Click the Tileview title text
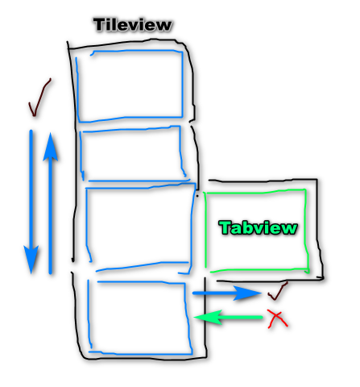click(x=133, y=25)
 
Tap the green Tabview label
click(x=258, y=227)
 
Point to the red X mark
click(x=278, y=318)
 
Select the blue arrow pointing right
click(x=227, y=293)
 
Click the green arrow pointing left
click(x=228, y=318)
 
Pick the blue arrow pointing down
click(x=31, y=202)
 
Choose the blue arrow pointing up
click(x=51, y=203)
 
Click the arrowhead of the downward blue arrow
click(x=31, y=260)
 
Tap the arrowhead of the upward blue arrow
click(x=51, y=147)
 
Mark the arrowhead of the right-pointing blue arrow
click(x=248, y=293)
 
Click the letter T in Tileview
click(x=100, y=25)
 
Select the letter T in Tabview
click(x=225, y=227)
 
